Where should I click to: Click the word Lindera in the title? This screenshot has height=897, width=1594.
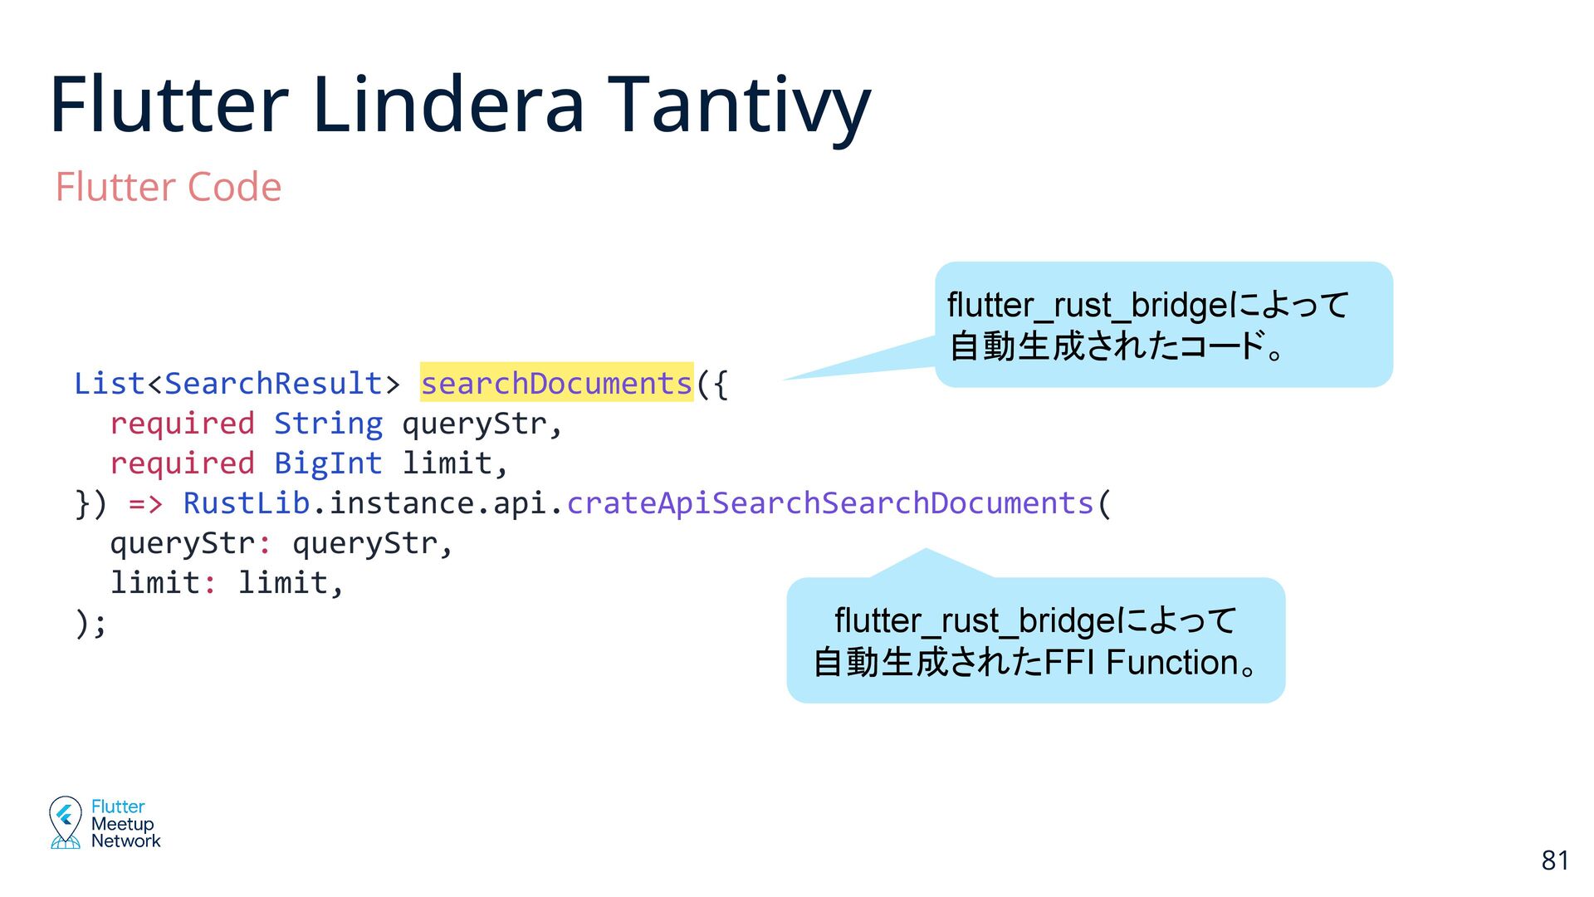pyautogui.click(x=449, y=105)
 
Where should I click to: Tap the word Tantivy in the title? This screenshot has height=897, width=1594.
pyautogui.click(x=740, y=105)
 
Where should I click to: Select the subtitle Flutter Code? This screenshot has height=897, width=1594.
pyautogui.click(x=169, y=187)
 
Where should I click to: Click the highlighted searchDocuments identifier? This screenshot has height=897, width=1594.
pyautogui.click(x=556, y=384)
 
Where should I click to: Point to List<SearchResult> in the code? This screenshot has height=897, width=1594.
pyautogui.click(x=237, y=384)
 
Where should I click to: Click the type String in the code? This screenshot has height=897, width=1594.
pyautogui.click(x=328, y=424)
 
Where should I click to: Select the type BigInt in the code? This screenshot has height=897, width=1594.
pyautogui.click(x=328, y=463)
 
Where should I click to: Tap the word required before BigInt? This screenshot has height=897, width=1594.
pyautogui.click(x=182, y=463)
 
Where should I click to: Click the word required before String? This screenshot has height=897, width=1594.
pyautogui.click(x=182, y=424)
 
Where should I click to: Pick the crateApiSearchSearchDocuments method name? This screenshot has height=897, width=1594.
pyautogui.click(x=830, y=503)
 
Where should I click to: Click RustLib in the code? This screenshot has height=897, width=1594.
pyautogui.click(x=246, y=503)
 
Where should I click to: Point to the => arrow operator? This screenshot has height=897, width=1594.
pyautogui.click(x=145, y=503)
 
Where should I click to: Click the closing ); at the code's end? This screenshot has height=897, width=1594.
pyautogui.click(x=90, y=623)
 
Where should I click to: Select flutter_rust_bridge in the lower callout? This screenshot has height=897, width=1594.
pyautogui.click(x=971, y=621)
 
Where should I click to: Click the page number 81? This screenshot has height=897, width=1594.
pyautogui.click(x=1555, y=860)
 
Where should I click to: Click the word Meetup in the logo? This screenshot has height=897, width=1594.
pyautogui.click(x=123, y=824)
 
